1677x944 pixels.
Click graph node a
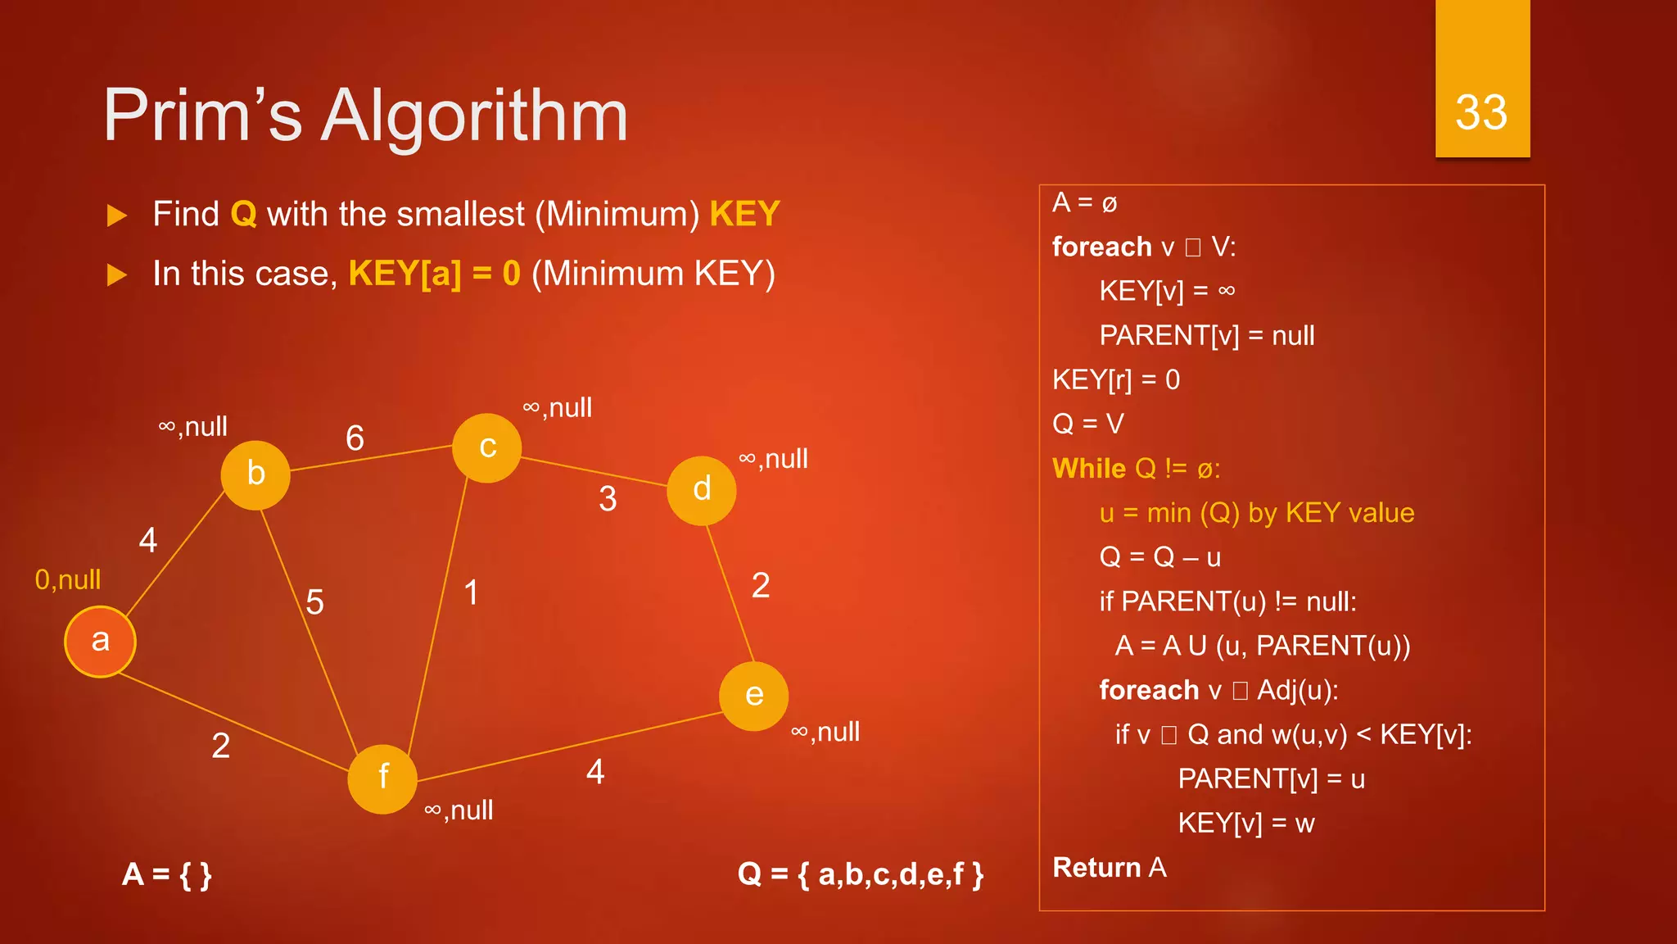(100, 642)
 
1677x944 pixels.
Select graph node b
(255, 474)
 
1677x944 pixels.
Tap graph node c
(487, 447)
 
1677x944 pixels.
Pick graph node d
(702, 490)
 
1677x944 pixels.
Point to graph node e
(754, 696)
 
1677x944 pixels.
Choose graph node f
(382, 778)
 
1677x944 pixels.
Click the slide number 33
(1481, 112)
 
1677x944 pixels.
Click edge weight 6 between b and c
(355, 438)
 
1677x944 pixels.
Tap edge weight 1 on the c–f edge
(471, 592)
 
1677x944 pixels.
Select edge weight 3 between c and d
(608, 499)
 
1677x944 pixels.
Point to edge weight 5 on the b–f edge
(314, 602)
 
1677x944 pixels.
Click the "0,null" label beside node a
(68, 580)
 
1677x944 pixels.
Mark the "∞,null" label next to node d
(773, 459)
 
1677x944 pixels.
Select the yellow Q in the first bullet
(243, 215)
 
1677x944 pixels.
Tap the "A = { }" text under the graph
(167, 875)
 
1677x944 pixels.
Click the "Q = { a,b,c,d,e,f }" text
(861, 874)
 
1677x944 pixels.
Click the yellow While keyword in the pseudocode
(1089, 469)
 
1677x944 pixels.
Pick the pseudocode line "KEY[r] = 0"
(1116, 380)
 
